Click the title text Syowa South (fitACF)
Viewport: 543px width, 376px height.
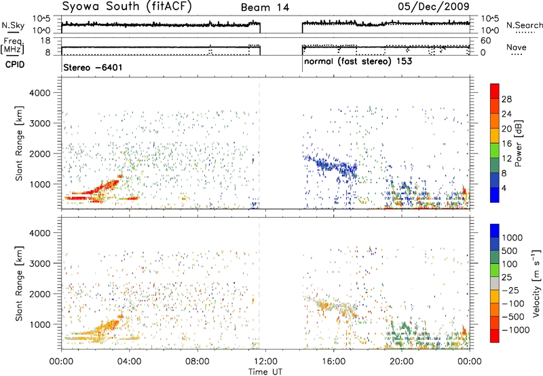pos(127,7)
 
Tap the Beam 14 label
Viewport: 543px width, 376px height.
pos(265,7)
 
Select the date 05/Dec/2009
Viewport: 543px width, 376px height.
pos(434,7)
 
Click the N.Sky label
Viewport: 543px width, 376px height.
pos(13,25)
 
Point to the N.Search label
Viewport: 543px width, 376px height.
pos(524,25)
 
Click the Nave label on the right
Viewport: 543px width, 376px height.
pos(517,47)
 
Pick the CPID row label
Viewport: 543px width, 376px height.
pos(15,64)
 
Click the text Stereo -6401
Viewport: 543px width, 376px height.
pos(93,67)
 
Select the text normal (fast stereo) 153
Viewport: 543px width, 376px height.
pos(358,62)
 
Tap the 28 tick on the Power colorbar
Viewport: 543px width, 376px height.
pos(506,99)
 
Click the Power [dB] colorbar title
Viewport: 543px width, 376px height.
pos(518,143)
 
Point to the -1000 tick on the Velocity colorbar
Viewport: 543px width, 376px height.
pos(516,330)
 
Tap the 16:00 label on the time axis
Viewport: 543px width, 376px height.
pos(333,362)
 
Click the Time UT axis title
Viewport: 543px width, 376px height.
pos(265,372)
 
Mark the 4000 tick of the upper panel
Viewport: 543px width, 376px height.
pos(41,93)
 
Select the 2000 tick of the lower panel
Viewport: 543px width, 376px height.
pos(41,294)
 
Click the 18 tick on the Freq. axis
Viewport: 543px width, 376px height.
pos(45,41)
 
